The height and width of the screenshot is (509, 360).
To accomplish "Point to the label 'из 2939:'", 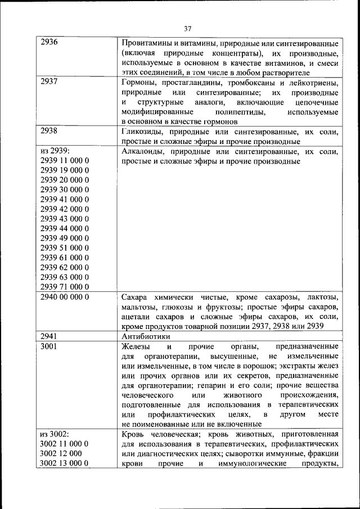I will click(x=55, y=151).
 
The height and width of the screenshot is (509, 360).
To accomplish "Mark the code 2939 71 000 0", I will click(x=65, y=286).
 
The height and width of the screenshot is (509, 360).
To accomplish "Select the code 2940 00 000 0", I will click(x=65, y=296).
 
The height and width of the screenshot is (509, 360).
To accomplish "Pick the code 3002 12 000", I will click(x=61, y=453).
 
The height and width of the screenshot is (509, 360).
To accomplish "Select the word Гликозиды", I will click(x=142, y=131).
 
